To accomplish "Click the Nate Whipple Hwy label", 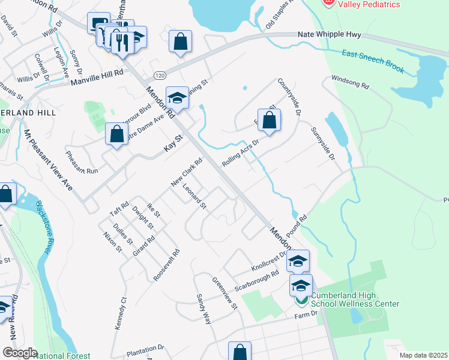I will pyautogui.click(x=331, y=35).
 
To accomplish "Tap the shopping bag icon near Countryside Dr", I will pyautogui.click(x=270, y=120).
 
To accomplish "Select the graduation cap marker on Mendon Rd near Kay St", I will pyautogui.click(x=177, y=98).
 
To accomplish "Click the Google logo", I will pyautogui.click(x=20, y=352).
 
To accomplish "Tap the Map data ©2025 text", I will pyautogui.click(x=423, y=355).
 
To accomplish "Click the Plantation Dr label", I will pyautogui.click(x=145, y=349).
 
